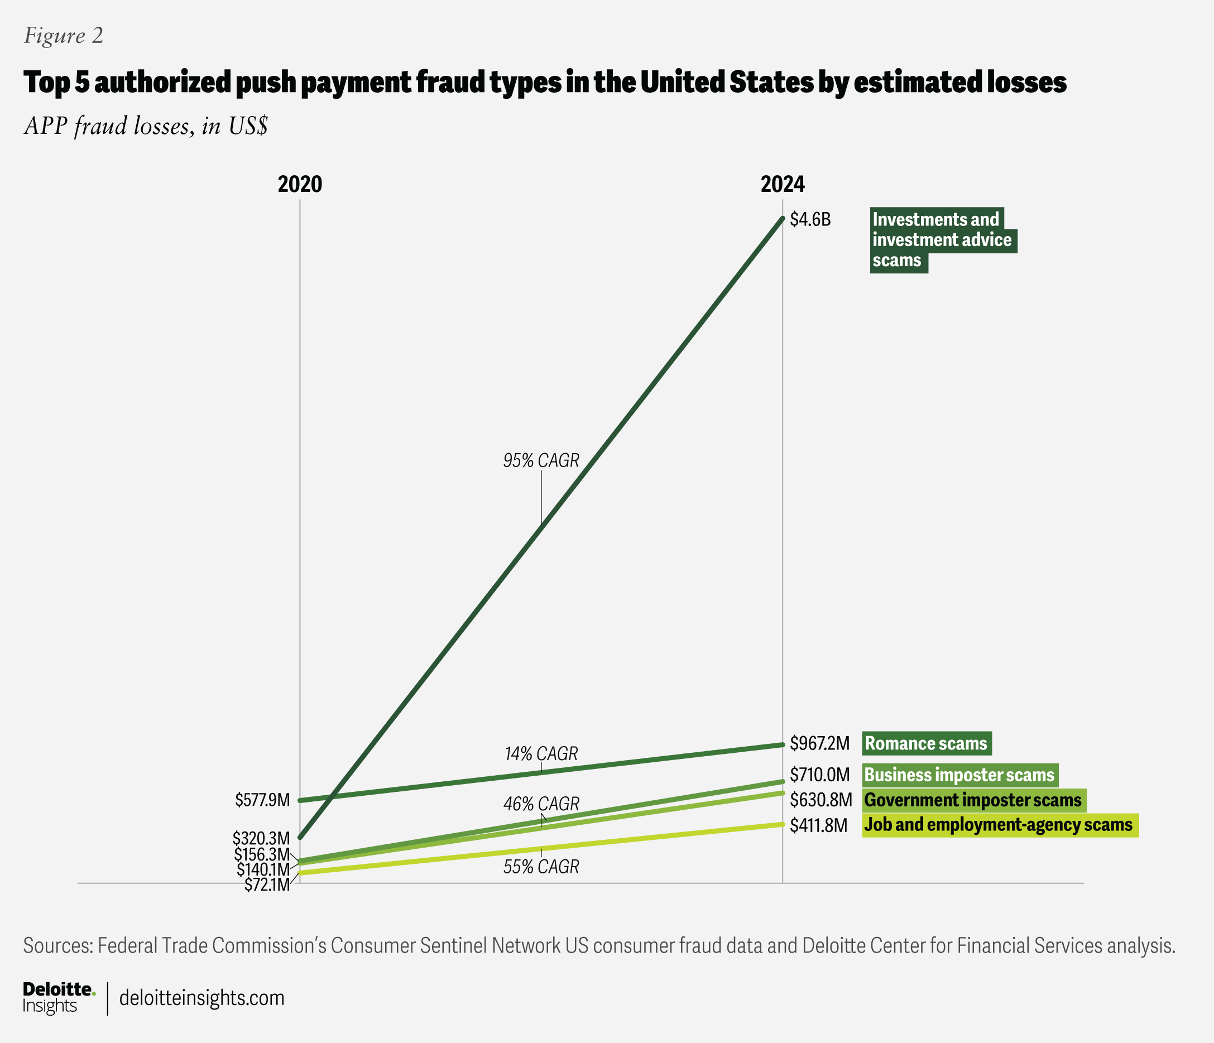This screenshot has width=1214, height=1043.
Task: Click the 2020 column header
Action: (299, 184)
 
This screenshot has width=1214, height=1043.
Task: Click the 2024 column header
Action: (782, 184)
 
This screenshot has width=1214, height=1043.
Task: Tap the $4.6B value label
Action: (810, 219)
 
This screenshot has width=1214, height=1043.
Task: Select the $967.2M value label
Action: (819, 743)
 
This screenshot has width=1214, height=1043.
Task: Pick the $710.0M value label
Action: (819, 775)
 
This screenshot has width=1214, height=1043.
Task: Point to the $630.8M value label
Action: (820, 800)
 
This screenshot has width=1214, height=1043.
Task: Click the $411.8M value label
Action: (818, 825)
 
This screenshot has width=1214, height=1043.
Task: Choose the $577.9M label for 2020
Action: (262, 800)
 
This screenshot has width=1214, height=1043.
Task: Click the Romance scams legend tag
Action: (927, 743)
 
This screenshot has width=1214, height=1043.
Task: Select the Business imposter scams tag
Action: (959, 775)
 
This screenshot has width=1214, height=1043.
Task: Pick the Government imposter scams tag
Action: (973, 800)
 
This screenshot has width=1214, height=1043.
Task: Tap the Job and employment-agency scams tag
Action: (1000, 825)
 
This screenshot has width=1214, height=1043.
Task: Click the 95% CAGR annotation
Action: (541, 460)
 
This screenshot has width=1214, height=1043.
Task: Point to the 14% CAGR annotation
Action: (541, 753)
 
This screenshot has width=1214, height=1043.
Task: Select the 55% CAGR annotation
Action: (541, 867)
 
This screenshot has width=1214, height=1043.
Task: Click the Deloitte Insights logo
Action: (58, 998)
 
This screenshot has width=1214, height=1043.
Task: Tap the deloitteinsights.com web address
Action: (201, 998)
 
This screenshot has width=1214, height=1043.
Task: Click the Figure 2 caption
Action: (63, 36)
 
